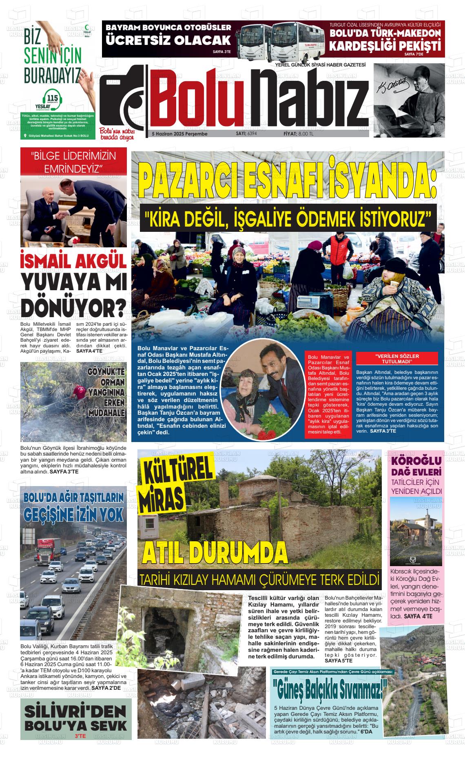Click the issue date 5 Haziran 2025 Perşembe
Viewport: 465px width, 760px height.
pyautogui.click(x=179, y=134)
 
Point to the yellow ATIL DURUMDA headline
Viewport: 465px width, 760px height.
pyautogui.click(x=215, y=553)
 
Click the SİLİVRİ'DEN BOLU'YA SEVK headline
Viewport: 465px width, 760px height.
pyautogui.click(x=76, y=718)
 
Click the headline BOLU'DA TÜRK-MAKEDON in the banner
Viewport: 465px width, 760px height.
pyautogui.click(x=385, y=33)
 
